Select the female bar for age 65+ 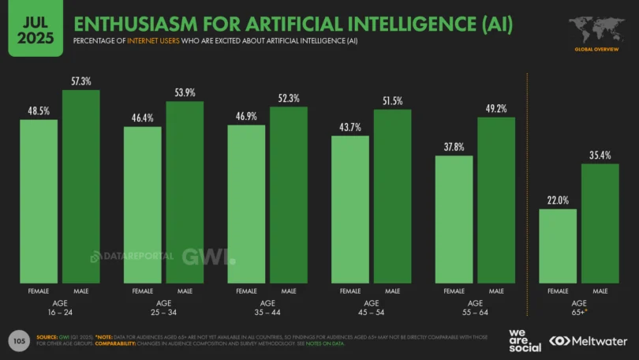558,246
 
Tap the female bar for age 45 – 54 350,209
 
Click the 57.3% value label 81,81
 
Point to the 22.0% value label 558,201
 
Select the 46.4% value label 143,118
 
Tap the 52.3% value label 289,98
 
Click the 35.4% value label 600,155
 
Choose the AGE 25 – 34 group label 163,308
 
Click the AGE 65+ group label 579,308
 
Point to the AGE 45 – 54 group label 371,308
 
